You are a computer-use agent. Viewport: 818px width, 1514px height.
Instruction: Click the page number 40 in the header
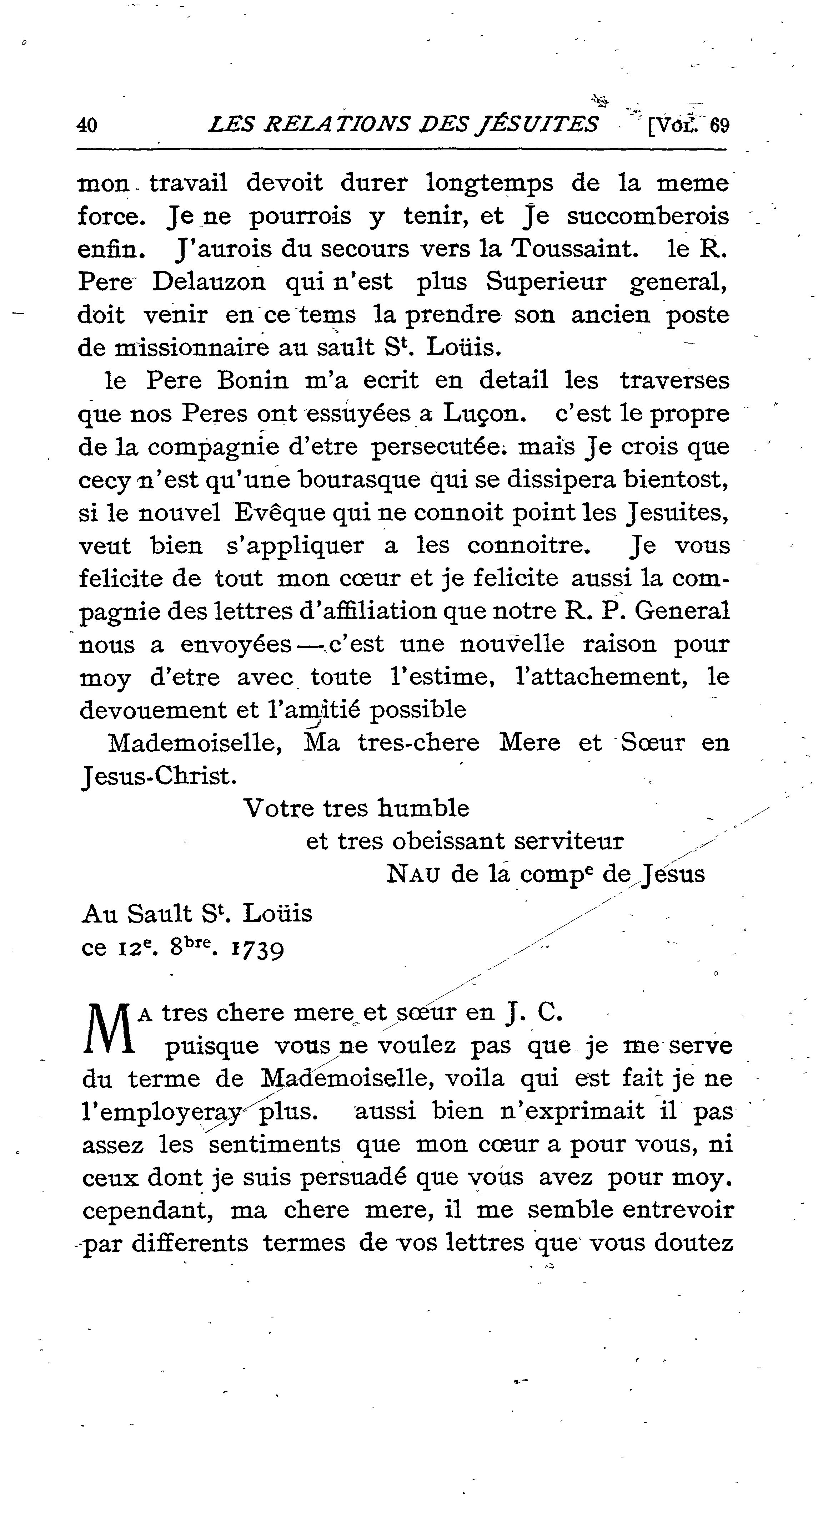coord(87,125)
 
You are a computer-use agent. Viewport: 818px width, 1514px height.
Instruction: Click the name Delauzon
coord(209,282)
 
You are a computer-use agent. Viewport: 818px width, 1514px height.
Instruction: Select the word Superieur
coord(546,282)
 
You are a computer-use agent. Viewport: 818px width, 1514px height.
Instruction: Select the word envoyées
coord(236,645)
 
